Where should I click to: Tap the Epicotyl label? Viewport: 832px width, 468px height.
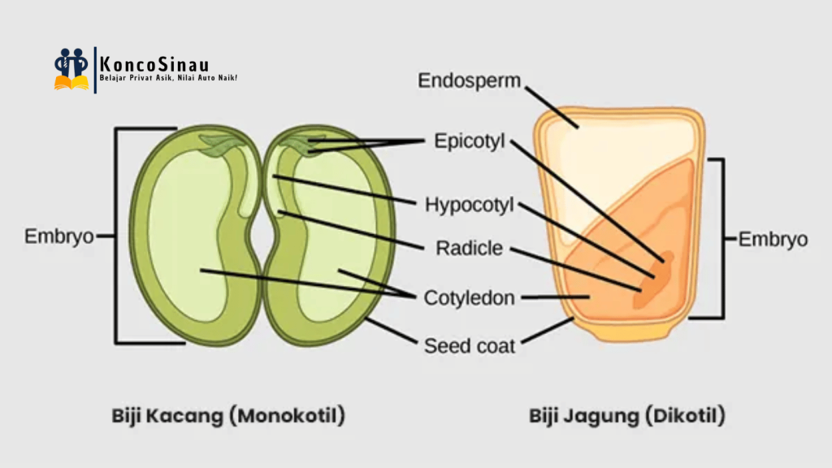469,141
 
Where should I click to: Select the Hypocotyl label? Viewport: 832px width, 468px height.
470,204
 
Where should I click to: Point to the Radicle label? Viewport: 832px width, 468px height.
469,248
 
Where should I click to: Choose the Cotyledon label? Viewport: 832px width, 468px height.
469,298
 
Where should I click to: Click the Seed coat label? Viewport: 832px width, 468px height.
469,346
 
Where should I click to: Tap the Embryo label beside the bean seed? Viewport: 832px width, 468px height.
58,237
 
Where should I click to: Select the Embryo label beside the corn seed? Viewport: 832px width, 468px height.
773,240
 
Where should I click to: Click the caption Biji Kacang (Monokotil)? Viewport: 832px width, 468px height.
228,416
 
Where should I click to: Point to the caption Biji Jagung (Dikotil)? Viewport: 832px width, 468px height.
627,416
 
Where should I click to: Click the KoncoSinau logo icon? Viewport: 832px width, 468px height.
71,69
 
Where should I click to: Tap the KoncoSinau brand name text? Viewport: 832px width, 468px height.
153,61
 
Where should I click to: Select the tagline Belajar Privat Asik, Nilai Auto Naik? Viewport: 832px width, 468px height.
167,78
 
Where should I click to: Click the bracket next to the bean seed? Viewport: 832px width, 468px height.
117,236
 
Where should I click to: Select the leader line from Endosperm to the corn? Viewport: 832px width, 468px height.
551,104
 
